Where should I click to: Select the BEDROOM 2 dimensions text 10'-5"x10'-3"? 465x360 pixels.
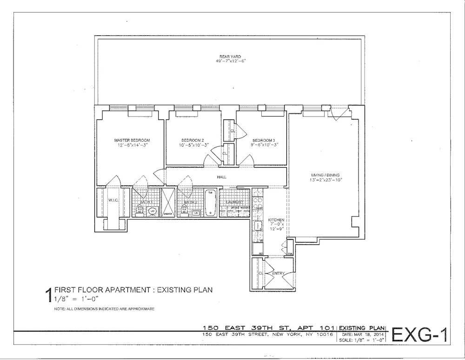click(x=193, y=145)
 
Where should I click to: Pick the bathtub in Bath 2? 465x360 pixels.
click(x=210, y=203)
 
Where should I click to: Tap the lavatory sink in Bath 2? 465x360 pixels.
click(x=196, y=213)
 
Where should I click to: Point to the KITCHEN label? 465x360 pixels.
click(x=276, y=219)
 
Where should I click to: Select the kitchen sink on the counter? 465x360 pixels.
click(x=257, y=226)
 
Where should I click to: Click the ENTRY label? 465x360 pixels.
click(x=278, y=274)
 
